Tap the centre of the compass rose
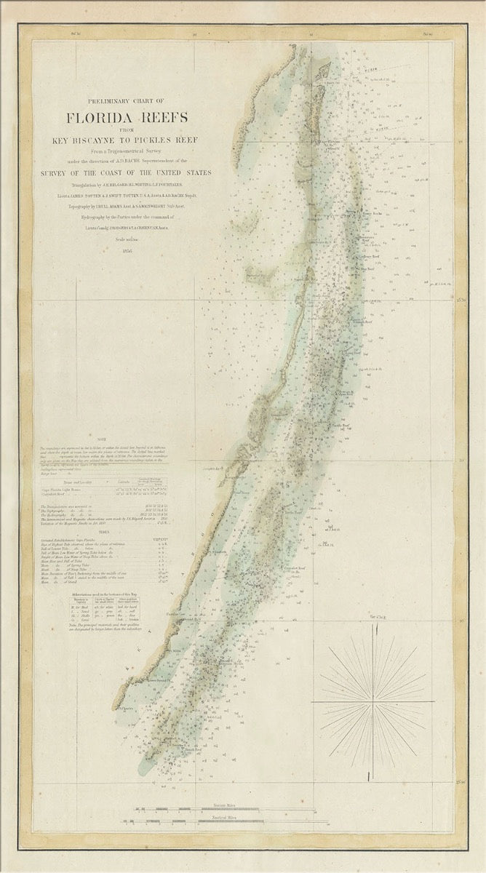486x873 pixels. (x=373, y=702)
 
